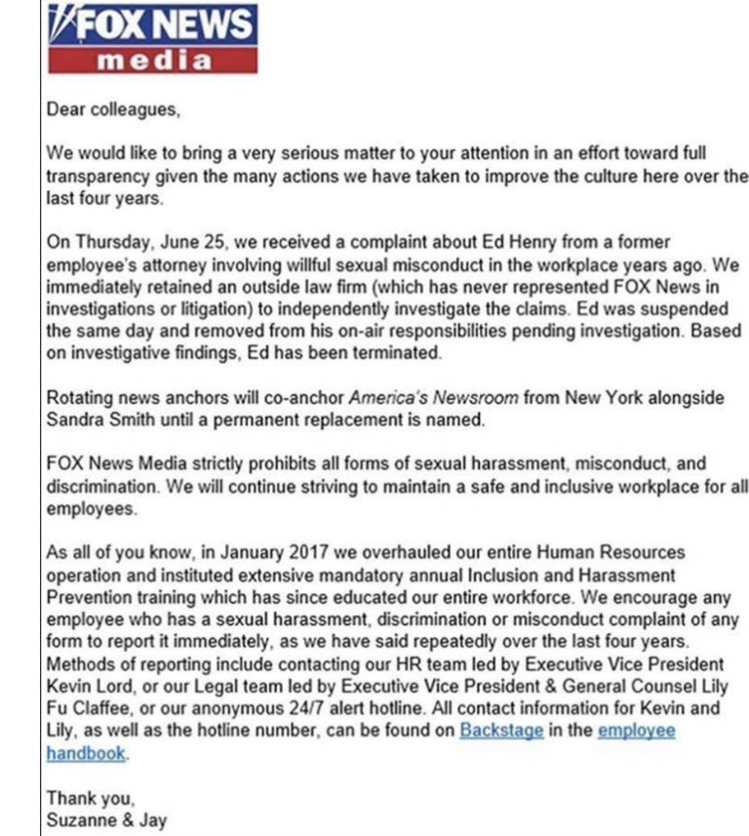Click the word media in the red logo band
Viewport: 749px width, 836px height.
click(x=153, y=61)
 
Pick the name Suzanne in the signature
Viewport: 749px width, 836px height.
click(x=81, y=819)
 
